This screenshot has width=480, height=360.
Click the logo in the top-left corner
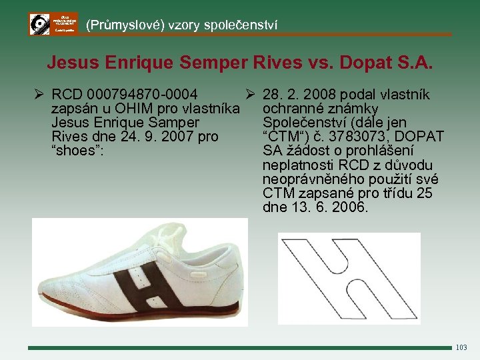[x=53, y=24]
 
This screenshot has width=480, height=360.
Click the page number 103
[x=461, y=348]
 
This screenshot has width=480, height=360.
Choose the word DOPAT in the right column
[x=419, y=137]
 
